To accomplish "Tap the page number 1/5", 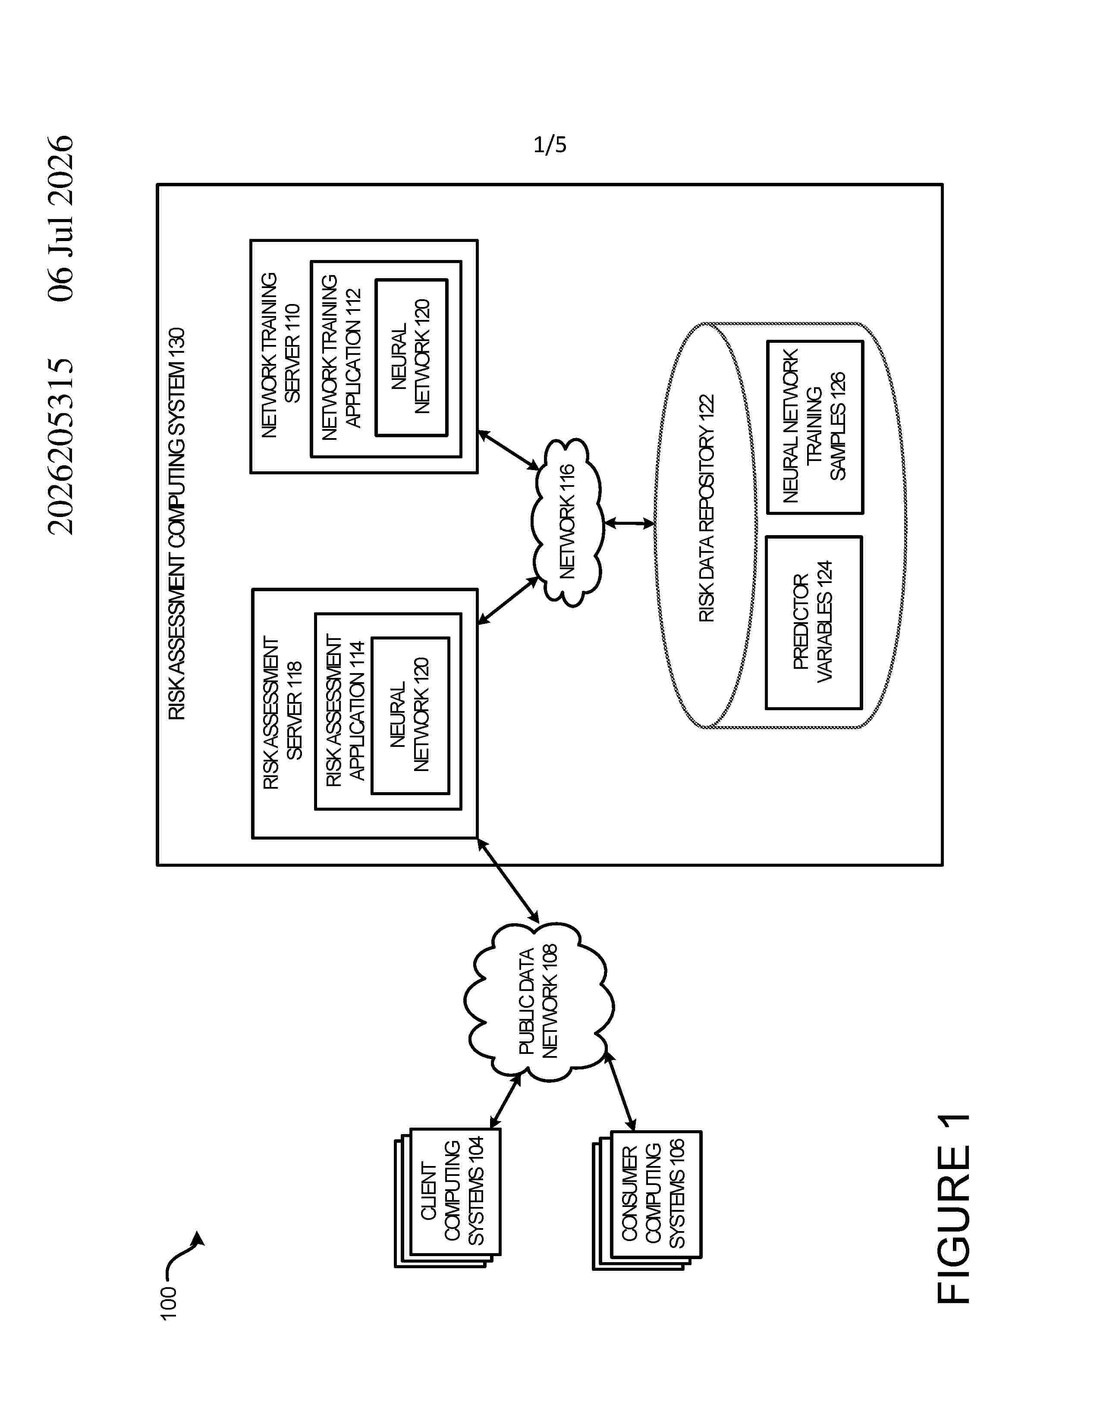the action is [x=550, y=144].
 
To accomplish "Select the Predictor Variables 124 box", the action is [x=813, y=622].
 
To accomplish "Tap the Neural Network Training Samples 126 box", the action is [x=814, y=427].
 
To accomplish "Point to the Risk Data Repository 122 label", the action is [x=707, y=508].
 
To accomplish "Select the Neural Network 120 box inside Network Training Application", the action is [x=411, y=357].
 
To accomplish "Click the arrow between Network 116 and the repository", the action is [x=629, y=523].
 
